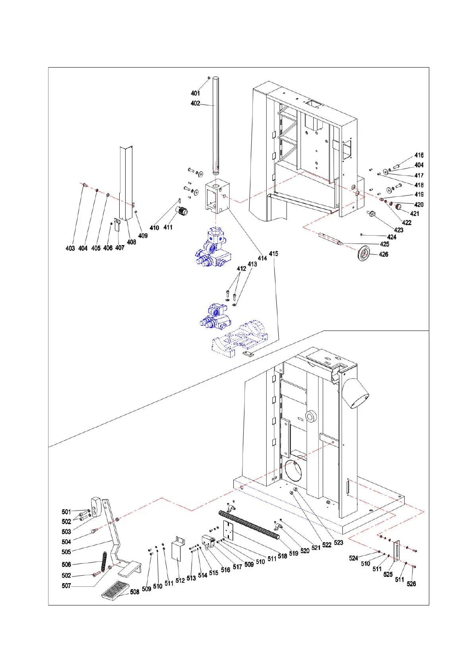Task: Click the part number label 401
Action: click(x=195, y=93)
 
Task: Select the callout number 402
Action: click(x=195, y=104)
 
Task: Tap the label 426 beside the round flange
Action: click(x=384, y=255)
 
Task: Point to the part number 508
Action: click(x=135, y=592)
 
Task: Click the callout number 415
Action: click(x=273, y=254)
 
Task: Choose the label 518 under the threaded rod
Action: click(x=282, y=556)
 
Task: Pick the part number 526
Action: click(x=411, y=584)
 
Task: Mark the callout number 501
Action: click(x=66, y=512)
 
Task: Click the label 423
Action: click(x=399, y=230)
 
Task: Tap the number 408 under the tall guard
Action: click(x=132, y=242)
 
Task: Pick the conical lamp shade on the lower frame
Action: click(x=355, y=393)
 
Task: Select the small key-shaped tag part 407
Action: click(x=118, y=225)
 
